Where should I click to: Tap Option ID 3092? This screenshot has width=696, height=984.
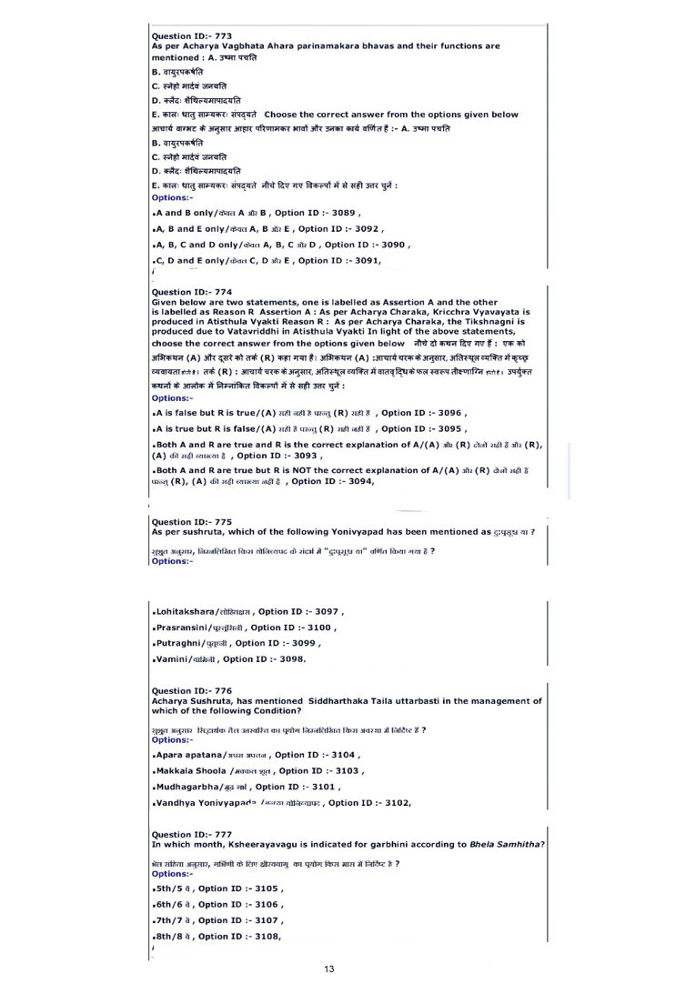[x=340, y=228]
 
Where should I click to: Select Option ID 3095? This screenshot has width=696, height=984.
[x=424, y=428]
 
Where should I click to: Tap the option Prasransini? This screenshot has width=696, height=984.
[x=186, y=628]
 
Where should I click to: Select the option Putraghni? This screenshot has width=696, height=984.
[x=181, y=643]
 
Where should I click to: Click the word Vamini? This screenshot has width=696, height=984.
[x=172, y=658]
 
